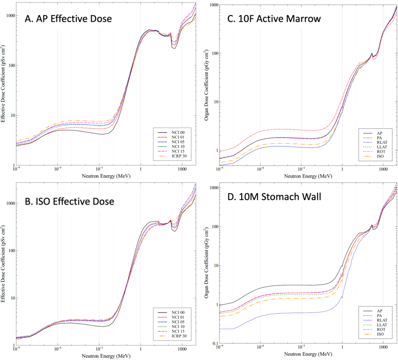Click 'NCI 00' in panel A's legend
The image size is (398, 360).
pos(178,132)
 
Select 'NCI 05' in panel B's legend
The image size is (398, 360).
pos(178,323)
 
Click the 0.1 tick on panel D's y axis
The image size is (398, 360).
pos(214,344)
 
